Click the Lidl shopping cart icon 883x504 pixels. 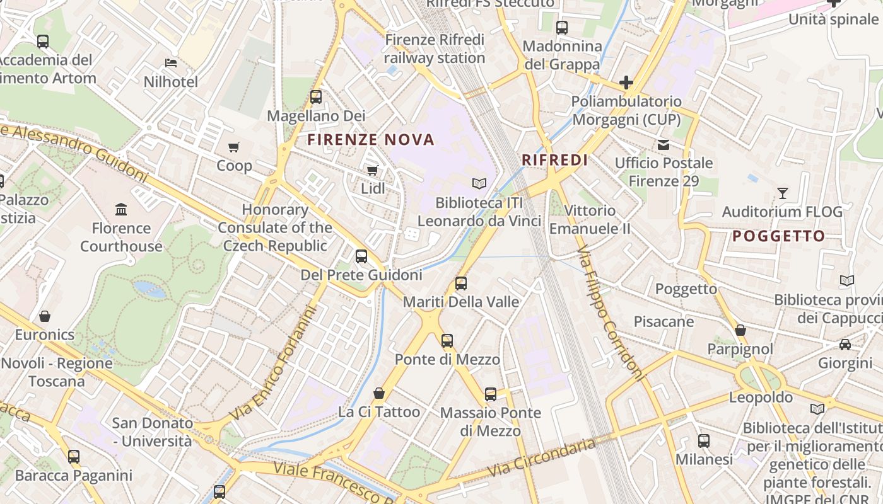click(x=372, y=170)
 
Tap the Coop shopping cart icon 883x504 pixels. click(x=234, y=147)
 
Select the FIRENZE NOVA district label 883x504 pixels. click(x=371, y=140)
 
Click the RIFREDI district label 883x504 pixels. click(x=555, y=160)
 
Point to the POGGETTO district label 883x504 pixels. click(x=778, y=236)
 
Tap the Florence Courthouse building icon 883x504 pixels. click(x=121, y=209)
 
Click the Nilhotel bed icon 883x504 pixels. click(x=170, y=63)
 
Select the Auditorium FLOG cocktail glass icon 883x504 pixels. click(x=783, y=193)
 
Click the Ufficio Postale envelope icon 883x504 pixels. click(x=664, y=145)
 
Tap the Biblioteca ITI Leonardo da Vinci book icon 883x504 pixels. click(x=479, y=183)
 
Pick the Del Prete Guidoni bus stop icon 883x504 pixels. click(x=361, y=256)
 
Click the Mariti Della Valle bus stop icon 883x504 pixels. click(x=461, y=283)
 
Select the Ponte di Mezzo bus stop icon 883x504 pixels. click(x=447, y=341)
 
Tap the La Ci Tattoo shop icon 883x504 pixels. click(x=379, y=393)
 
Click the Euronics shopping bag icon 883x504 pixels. click(x=45, y=316)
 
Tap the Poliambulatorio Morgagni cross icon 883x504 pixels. click(x=626, y=83)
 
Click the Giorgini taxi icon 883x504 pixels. click(x=845, y=345)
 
